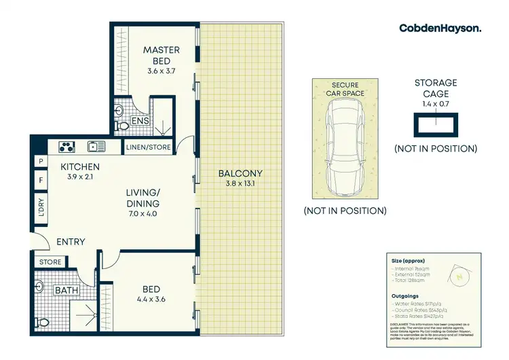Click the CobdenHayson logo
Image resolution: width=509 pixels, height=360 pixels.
(440, 28)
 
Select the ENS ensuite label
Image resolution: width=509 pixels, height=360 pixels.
(139, 120)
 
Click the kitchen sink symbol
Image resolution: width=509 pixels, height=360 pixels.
(96, 145)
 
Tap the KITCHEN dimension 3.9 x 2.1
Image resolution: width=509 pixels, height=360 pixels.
(80, 178)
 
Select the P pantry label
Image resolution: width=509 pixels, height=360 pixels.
(41, 162)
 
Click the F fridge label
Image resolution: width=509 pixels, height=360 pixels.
(41, 181)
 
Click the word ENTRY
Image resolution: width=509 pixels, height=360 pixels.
(71, 241)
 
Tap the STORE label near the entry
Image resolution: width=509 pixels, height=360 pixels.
(50, 262)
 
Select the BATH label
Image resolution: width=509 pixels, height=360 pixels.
(67, 291)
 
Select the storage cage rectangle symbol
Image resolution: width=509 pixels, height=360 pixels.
(436, 124)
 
